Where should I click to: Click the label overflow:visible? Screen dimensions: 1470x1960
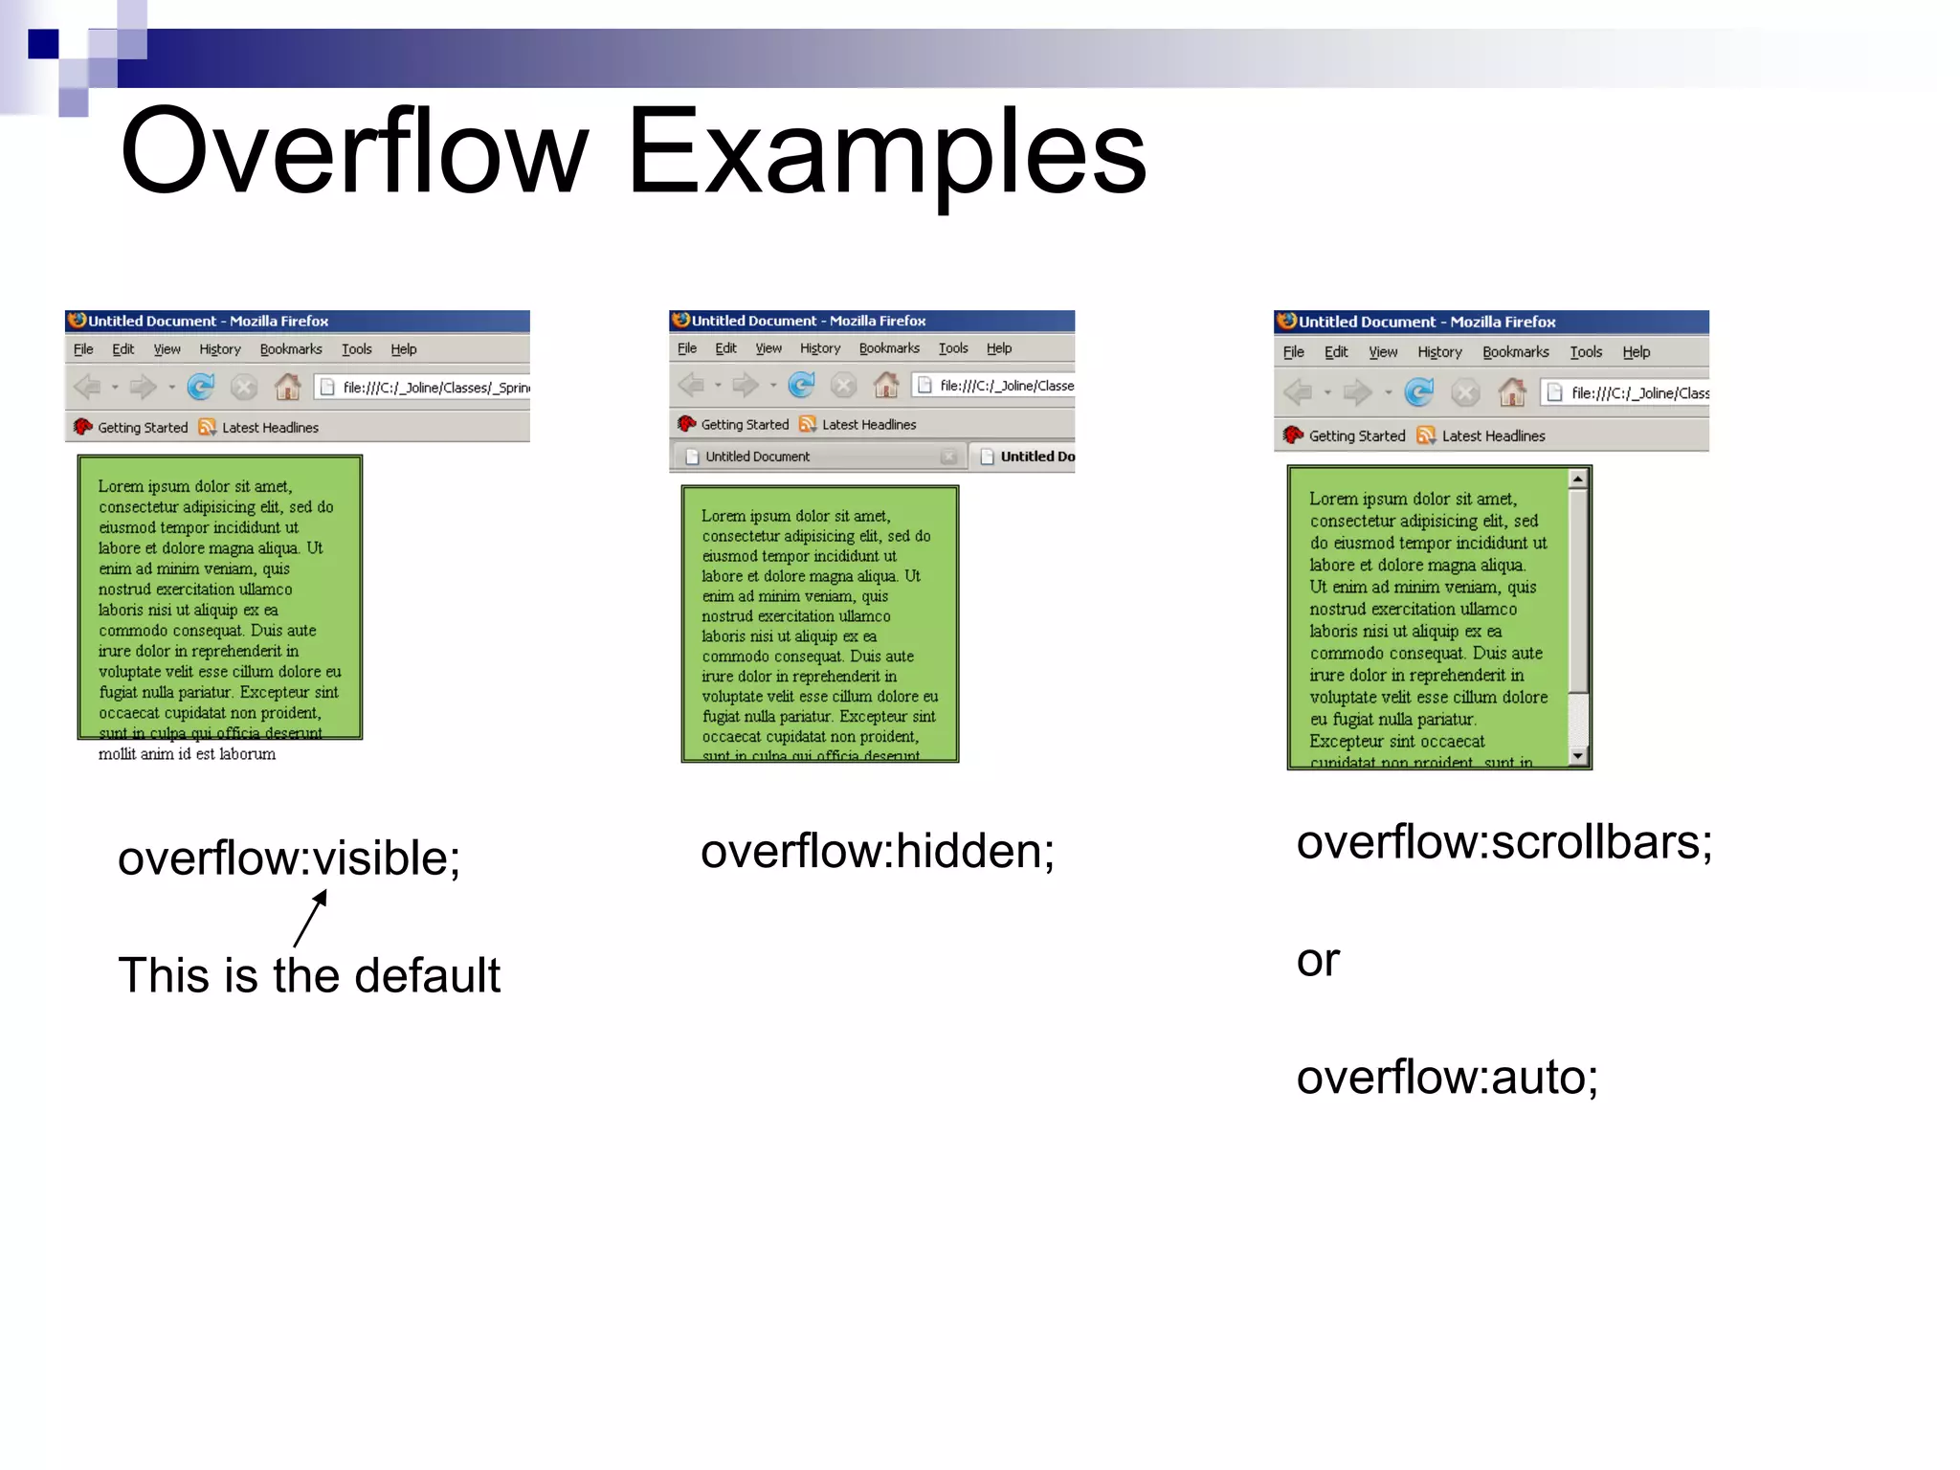[x=289, y=857]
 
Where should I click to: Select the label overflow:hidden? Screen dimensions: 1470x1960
[x=877, y=851]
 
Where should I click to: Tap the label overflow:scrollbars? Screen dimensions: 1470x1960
[x=1503, y=842]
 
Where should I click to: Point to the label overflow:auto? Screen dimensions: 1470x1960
[x=1447, y=1077]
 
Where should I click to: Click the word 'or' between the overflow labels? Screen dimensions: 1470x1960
[x=1318, y=960]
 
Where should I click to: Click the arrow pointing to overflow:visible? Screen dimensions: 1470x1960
[x=311, y=918]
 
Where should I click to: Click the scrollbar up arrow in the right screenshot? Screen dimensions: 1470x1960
[x=1578, y=479]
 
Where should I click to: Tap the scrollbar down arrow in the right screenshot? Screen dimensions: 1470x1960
[x=1578, y=756]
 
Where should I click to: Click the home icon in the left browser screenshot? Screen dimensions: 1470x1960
[x=287, y=387]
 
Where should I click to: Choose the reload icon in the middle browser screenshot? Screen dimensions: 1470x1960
[x=801, y=385]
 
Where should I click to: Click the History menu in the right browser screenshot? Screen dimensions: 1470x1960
[x=1439, y=352]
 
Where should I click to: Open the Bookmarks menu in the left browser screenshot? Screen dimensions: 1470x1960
[x=291, y=349]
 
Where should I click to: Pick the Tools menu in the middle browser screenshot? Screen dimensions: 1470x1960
[x=953, y=348]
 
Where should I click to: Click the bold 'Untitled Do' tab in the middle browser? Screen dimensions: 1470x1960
[x=1028, y=457]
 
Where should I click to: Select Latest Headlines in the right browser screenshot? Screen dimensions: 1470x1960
[x=1492, y=436]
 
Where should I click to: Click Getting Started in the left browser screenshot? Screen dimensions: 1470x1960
[x=143, y=428]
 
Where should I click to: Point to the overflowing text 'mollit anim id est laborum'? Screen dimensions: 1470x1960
[x=187, y=754]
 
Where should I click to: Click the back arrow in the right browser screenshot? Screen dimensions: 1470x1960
[x=1298, y=392]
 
